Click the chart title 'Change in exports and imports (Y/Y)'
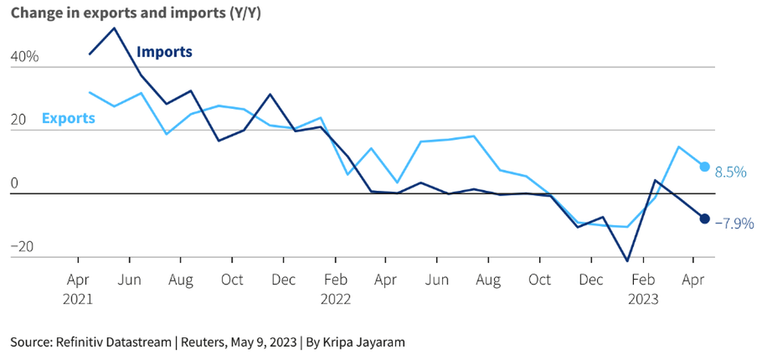tap(135, 13)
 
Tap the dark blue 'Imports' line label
tap(164, 52)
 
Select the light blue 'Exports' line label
tap(68, 118)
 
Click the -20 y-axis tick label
tap(23, 247)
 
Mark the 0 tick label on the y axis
tap(14, 184)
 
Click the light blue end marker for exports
tap(705, 167)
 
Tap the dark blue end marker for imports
tap(705, 219)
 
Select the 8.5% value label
tap(730, 172)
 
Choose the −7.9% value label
tap(734, 223)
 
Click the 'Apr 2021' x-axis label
tap(78, 289)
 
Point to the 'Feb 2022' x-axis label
tap(335, 289)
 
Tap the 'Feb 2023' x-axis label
tap(643, 289)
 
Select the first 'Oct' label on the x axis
tap(232, 280)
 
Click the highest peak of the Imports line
tap(114, 29)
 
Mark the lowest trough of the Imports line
tap(627, 261)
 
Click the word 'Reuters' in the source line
tap(214, 342)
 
